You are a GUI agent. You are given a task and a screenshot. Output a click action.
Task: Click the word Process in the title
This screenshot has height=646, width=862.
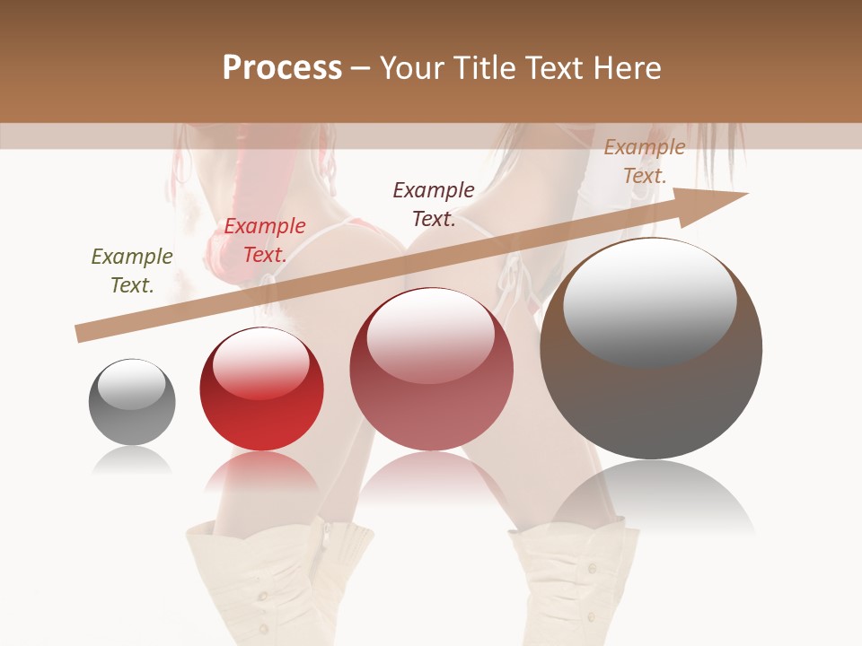point(282,68)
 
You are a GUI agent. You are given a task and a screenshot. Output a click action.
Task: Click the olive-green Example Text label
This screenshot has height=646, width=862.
point(132,271)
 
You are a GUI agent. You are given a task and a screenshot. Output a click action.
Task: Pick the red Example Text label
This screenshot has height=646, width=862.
point(265,240)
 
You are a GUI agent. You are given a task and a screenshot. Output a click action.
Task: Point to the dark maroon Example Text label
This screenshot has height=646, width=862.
point(434,204)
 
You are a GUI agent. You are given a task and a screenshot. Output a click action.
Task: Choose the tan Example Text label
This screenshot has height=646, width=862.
point(645,161)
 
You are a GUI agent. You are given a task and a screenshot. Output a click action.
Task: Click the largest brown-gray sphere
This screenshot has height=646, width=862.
point(651,395)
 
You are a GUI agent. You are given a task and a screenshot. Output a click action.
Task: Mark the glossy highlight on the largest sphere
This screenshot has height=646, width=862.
point(650,301)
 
